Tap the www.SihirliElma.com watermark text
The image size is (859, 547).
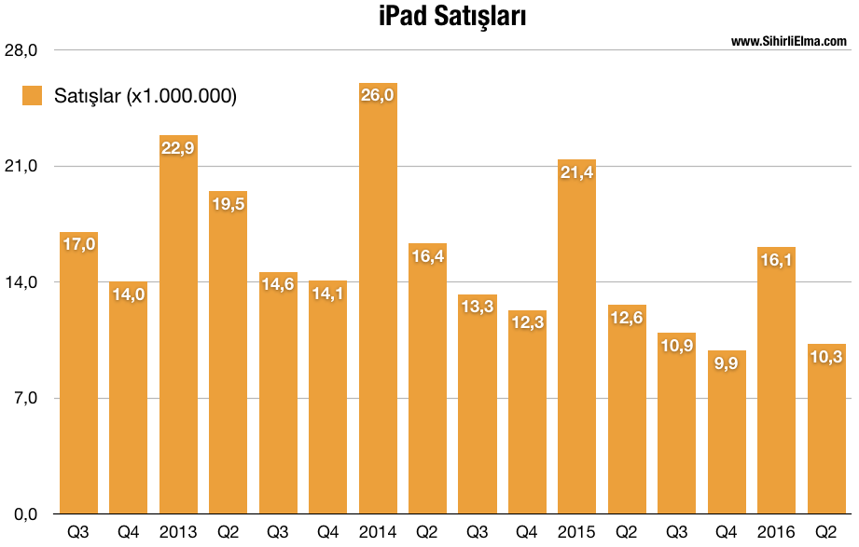click(x=788, y=41)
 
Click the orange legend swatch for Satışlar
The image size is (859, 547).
click(x=33, y=95)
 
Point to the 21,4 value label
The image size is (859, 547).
click(x=576, y=171)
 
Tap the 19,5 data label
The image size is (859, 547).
click(x=228, y=203)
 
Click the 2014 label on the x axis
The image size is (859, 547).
click(x=378, y=532)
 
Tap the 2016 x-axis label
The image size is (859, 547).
click(x=776, y=532)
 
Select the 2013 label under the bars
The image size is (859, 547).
click(x=178, y=532)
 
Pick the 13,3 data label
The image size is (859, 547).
click(x=478, y=307)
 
